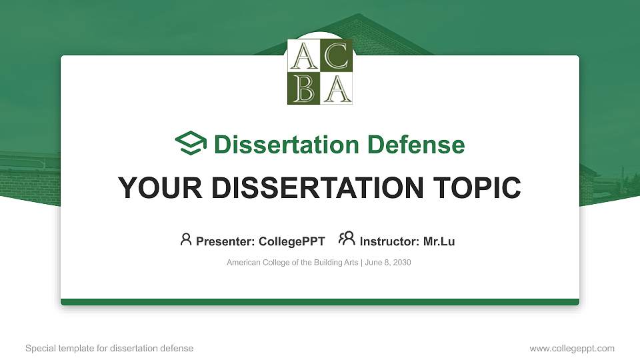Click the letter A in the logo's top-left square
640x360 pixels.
pos(303,56)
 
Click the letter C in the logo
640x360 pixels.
pos(336,56)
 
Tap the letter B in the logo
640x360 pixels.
pos(303,88)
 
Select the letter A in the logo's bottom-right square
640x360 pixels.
pos(336,88)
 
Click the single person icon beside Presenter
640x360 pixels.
pos(186,239)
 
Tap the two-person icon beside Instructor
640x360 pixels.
pos(347,239)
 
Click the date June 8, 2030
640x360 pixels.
pos(388,263)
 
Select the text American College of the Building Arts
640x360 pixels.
pos(292,263)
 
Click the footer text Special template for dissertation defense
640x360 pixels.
pos(109,348)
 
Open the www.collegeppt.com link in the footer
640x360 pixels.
pos(571,348)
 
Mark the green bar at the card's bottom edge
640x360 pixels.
pos(320,302)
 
